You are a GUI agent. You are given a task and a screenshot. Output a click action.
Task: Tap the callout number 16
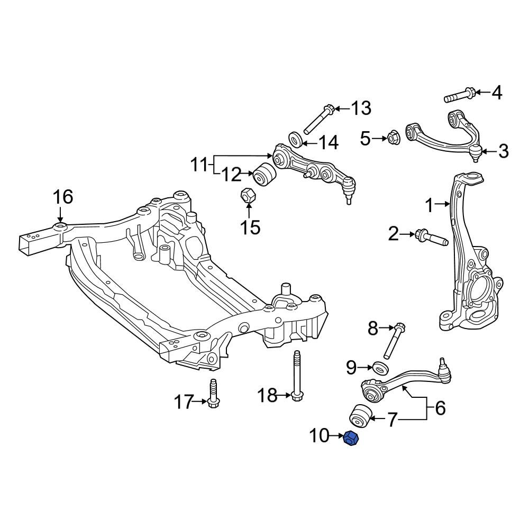pyautogui.click(x=63, y=197)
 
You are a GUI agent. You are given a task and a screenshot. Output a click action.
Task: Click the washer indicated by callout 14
pyautogui.click(x=296, y=140)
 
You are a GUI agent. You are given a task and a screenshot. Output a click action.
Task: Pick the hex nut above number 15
pyautogui.click(x=249, y=196)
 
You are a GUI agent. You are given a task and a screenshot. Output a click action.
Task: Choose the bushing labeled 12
pyautogui.click(x=264, y=174)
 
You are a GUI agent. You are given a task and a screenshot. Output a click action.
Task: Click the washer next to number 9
pyautogui.click(x=380, y=367)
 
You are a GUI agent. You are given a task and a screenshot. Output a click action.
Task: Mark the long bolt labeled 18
pyautogui.click(x=297, y=376)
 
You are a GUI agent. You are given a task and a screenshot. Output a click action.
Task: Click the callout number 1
pyautogui.click(x=429, y=205)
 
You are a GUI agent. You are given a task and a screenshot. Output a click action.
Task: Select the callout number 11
pyautogui.click(x=201, y=165)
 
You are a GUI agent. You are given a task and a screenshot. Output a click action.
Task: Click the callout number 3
pyautogui.click(x=504, y=151)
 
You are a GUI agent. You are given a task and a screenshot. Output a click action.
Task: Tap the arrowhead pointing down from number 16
pyautogui.click(x=60, y=218)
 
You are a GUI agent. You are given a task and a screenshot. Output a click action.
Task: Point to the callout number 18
pyautogui.click(x=268, y=395)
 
